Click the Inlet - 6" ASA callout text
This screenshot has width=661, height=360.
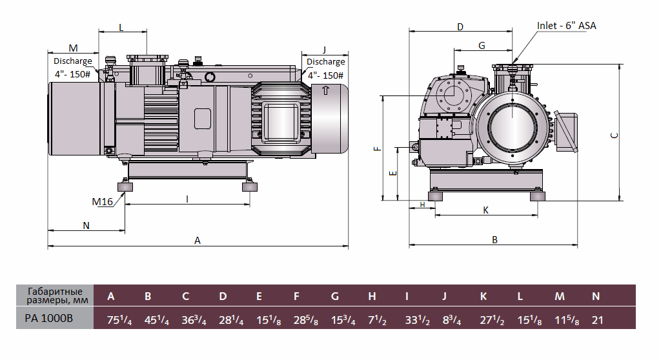coord(566,25)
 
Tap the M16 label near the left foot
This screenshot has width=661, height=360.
coord(102,202)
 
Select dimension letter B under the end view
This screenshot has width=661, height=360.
coord(494,239)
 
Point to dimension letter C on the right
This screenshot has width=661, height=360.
coord(615,135)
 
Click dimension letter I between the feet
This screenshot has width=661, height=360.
coord(187,199)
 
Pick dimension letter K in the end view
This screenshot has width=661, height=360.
coord(485,210)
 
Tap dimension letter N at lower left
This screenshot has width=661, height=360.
coord(86,225)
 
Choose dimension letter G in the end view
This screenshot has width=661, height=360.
coord(482,45)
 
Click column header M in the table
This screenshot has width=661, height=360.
coord(559,297)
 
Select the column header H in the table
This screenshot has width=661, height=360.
coord(372,297)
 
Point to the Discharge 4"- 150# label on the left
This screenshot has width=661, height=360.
coord(72,68)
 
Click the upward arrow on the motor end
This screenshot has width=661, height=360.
coord(326,91)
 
